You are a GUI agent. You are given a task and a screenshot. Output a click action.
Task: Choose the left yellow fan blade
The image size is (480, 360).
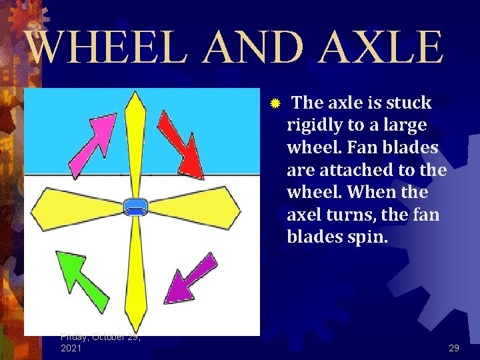coord(77,208)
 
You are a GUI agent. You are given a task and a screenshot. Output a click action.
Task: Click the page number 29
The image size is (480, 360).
coord(454,348)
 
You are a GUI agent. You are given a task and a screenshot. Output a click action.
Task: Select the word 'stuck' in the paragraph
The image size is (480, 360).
coord(409,103)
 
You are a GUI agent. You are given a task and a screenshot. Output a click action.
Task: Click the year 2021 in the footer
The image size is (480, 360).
coord(71,348)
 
